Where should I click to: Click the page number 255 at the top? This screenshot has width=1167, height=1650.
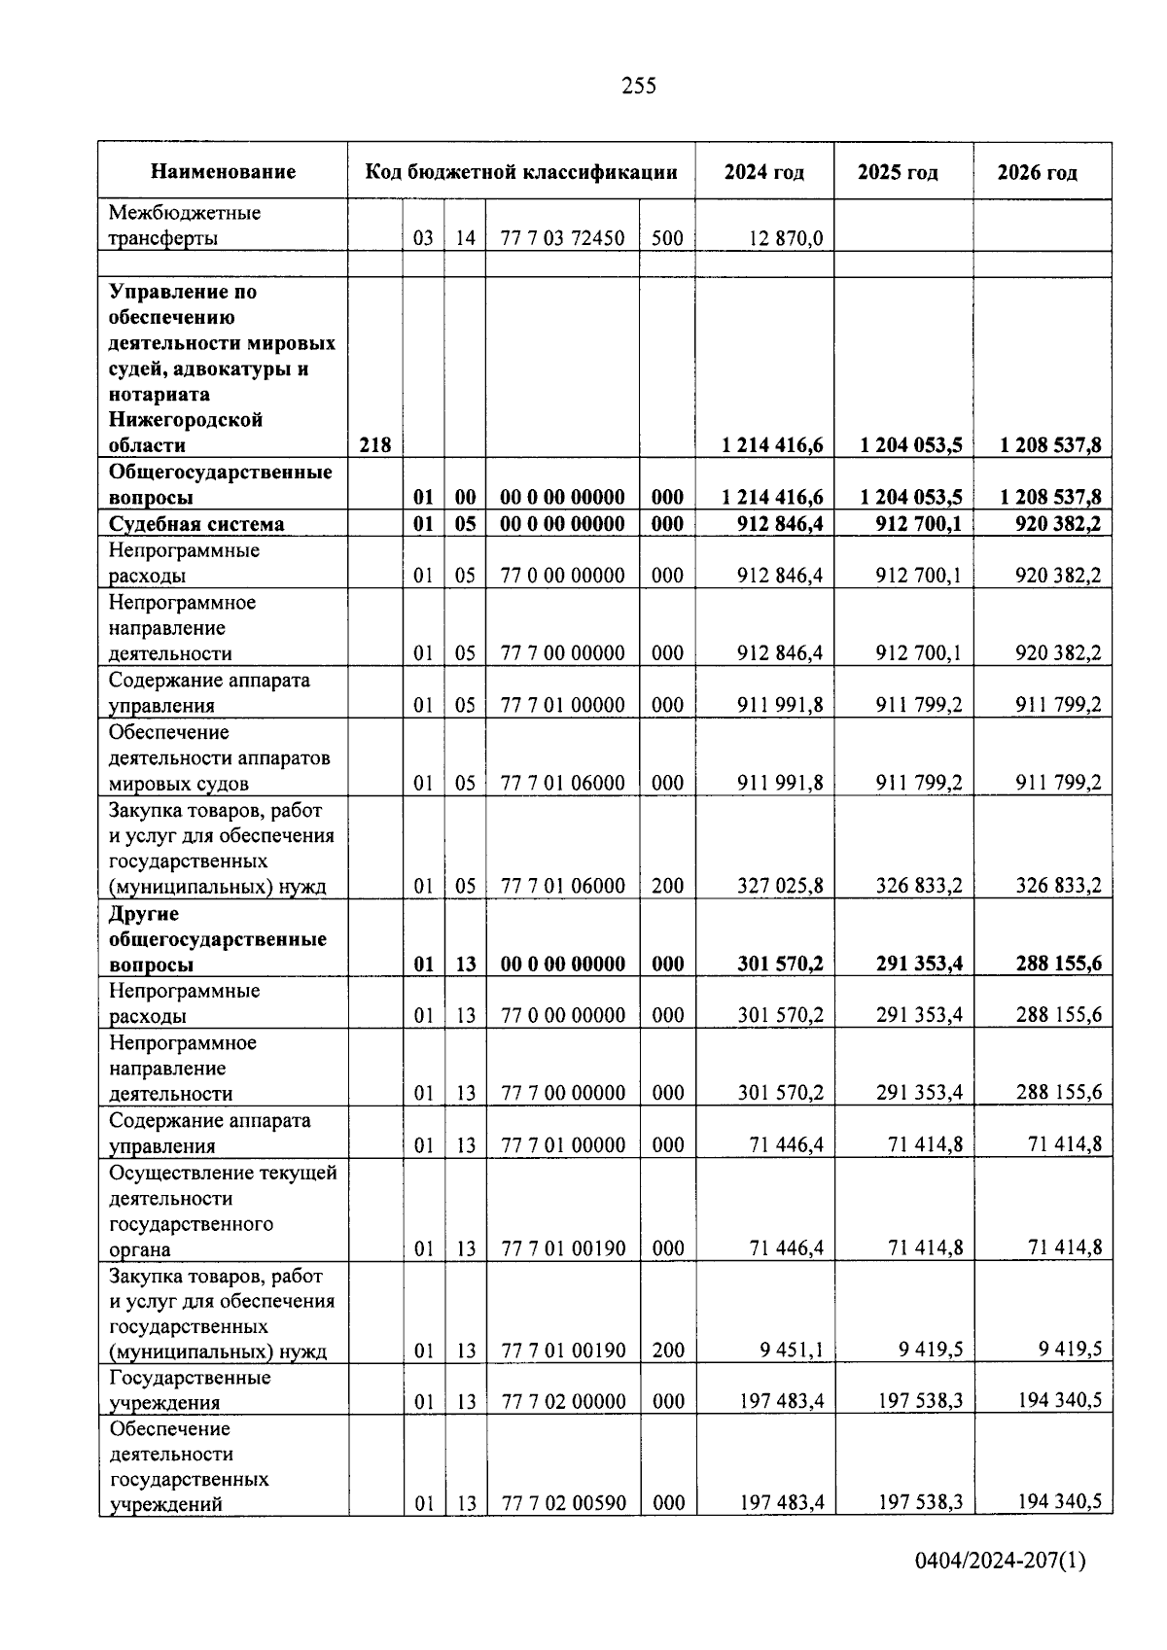pos(639,87)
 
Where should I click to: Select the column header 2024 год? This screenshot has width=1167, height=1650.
pos(763,173)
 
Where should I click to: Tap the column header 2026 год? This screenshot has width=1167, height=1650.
pos(1037,173)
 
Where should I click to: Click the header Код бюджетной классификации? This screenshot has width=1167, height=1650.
pos(521,173)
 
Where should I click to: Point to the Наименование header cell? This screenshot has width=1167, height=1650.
pos(223,173)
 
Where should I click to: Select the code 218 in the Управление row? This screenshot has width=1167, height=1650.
pos(375,445)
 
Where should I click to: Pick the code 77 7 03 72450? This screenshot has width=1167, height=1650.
pos(562,238)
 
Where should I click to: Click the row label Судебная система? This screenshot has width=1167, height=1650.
pos(196,524)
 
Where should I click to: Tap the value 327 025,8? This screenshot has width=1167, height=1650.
pos(780,886)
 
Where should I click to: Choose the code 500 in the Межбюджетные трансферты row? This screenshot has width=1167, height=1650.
pos(667,238)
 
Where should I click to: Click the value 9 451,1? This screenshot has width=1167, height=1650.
pos(792,1350)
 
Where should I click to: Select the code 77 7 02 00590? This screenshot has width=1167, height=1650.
pos(562,1503)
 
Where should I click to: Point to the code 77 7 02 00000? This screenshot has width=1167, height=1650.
pos(562,1401)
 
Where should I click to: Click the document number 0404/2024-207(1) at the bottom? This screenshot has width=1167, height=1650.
pos(1000,1562)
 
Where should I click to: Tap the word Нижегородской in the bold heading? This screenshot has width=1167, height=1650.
pos(186,420)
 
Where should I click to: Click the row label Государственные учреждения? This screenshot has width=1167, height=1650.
pos(190,1389)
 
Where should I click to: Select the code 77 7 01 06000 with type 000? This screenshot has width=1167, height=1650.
pos(562,783)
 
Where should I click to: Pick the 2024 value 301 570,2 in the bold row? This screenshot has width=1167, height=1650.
pos(780,964)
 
